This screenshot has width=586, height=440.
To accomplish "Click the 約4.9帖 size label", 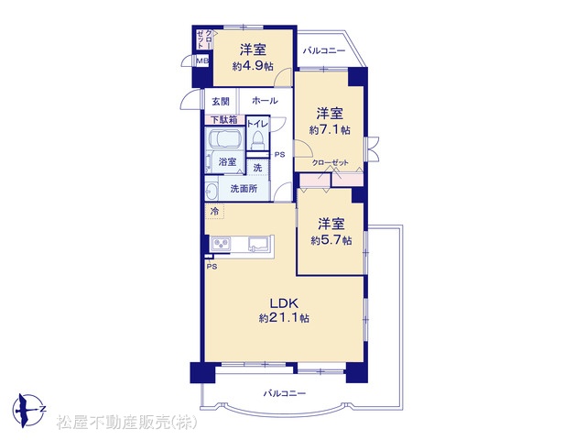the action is click(x=253, y=67).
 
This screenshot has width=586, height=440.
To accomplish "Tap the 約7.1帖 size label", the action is click(x=330, y=130).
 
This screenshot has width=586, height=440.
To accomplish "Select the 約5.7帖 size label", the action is click(x=331, y=240).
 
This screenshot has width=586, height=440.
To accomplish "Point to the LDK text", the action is click(x=284, y=302).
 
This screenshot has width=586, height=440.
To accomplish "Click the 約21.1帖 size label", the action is click(x=284, y=318).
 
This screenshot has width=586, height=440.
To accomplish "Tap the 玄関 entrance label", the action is click(x=221, y=102).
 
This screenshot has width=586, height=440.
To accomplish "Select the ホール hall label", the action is click(x=265, y=101).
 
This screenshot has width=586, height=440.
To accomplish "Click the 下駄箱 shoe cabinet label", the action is click(x=223, y=120).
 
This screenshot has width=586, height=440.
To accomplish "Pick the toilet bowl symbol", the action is click(x=258, y=140).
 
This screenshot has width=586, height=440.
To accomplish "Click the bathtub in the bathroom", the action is click(x=224, y=138).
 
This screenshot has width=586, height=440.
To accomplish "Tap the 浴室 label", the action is click(x=227, y=162).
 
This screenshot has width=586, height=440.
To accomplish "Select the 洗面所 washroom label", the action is click(x=244, y=189).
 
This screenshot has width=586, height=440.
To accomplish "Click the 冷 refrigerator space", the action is click(x=214, y=211).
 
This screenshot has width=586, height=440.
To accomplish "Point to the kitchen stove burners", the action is click(x=222, y=245).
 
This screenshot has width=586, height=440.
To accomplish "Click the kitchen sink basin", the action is click(x=258, y=244).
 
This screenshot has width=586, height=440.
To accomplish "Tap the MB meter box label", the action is click(x=202, y=60).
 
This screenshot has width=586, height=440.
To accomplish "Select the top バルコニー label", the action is click(x=324, y=51).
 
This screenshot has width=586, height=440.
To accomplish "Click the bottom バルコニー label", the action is click(x=285, y=393).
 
